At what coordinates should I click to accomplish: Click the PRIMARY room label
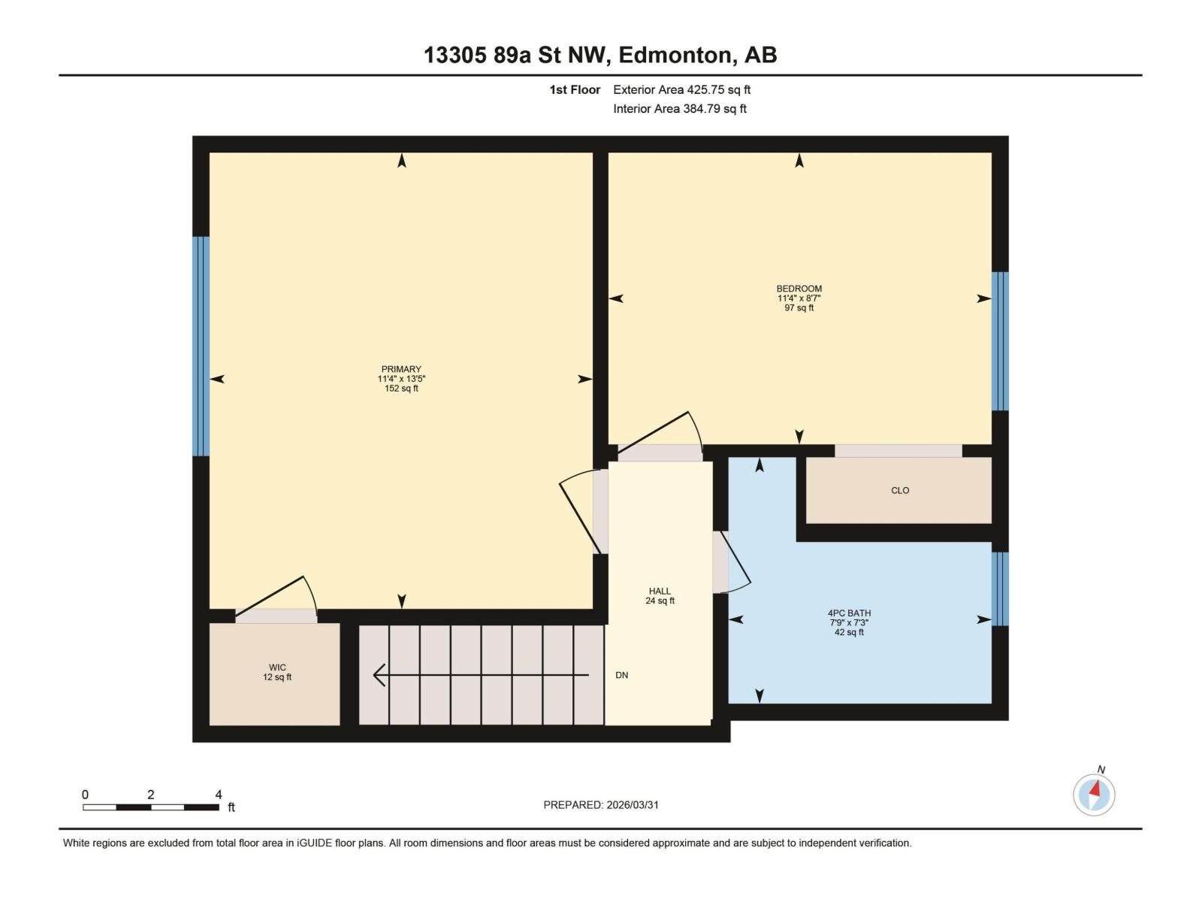[401, 369]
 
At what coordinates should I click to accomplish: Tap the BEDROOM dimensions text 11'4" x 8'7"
[799, 298]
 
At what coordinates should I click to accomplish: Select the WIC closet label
[277, 667]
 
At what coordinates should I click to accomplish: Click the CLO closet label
[900, 491]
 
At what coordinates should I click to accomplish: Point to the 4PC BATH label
[849, 613]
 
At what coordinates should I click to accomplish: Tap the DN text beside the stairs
[621, 675]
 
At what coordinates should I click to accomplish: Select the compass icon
[1094, 794]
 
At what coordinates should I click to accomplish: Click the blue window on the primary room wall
[201, 347]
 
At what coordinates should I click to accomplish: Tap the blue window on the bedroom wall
[1000, 341]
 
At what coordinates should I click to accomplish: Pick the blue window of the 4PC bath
[1000, 589]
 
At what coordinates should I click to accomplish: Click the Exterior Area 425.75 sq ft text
[681, 89]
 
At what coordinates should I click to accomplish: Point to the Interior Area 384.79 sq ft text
[679, 108]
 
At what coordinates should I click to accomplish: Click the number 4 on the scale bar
[219, 795]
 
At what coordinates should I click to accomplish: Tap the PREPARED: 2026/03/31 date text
[601, 804]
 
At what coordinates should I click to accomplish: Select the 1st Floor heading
[575, 89]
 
